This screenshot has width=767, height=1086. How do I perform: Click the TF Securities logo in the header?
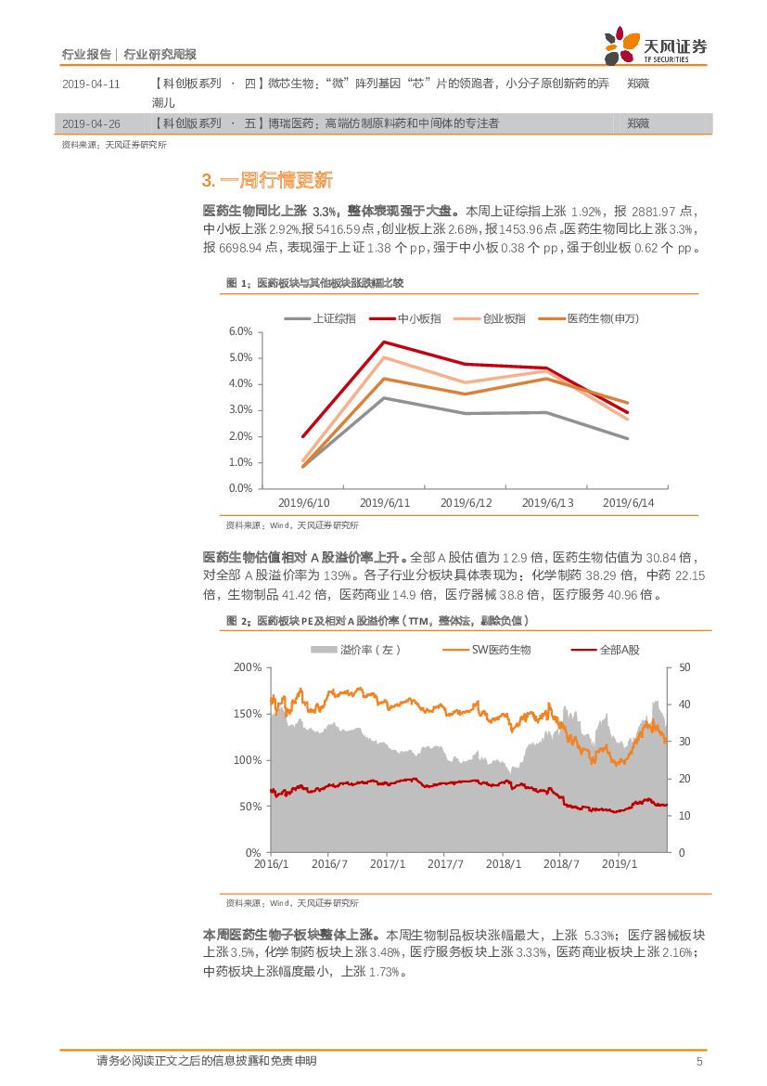click(655, 45)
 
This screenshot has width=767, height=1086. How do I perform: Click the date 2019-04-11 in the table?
click(91, 84)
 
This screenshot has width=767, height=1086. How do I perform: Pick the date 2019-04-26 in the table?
click(91, 123)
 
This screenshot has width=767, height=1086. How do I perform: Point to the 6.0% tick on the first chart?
click(240, 331)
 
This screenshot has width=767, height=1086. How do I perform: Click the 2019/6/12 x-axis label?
click(466, 502)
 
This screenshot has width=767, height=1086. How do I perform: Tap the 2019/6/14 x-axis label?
click(629, 502)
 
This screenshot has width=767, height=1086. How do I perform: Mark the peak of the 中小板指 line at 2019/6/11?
click(385, 342)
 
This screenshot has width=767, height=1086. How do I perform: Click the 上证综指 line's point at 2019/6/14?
click(629, 438)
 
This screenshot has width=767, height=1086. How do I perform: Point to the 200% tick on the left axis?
click(248, 667)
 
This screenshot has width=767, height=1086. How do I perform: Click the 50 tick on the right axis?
click(684, 667)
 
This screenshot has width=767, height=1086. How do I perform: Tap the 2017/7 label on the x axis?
click(445, 864)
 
